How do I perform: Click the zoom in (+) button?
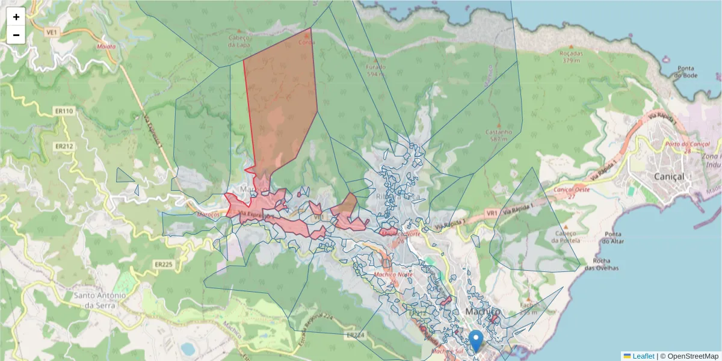(16, 17)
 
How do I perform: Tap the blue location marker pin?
(476, 340)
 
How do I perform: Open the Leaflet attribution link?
(643, 356)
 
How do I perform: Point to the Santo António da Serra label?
(100, 300)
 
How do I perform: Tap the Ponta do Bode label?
(685, 72)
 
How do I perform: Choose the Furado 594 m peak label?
(376, 70)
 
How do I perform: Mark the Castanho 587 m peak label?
(499, 135)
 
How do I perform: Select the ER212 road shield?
(64, 146)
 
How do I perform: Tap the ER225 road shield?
(163, 264)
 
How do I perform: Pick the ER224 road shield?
(356, 335)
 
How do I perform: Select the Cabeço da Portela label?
(565, 236)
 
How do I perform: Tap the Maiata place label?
(106, 46)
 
